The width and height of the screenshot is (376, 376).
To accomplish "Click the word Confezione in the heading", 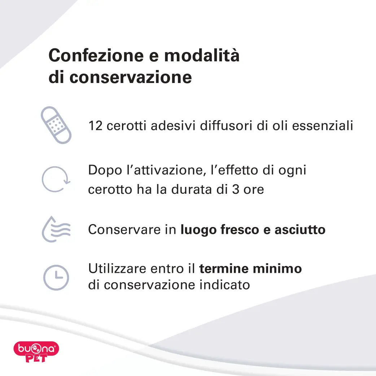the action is [x=96, y=56].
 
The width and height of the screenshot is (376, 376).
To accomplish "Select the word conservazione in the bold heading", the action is [x=131, y=78].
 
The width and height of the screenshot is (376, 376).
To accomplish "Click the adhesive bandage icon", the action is [x=56, y=125].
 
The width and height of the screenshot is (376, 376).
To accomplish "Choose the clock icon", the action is [x=56, y=277].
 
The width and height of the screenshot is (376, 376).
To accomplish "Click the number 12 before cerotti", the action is [x=95, y=126].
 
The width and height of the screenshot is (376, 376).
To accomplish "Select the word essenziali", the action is [x=323, y=126].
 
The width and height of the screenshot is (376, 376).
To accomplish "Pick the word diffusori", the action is [x=226, y=126].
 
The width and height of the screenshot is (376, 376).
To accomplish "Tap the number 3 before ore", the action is [x=236, y=189].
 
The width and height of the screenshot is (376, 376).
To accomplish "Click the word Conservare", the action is [x=124, y=229].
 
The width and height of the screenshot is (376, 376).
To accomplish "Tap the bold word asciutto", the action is [x=300, y=229].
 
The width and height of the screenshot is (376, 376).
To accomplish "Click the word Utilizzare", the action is [x=117, y=268].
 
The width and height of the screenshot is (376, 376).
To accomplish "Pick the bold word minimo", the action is [x=277, y=268].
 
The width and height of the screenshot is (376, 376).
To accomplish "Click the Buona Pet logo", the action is [x=36, y=351].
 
